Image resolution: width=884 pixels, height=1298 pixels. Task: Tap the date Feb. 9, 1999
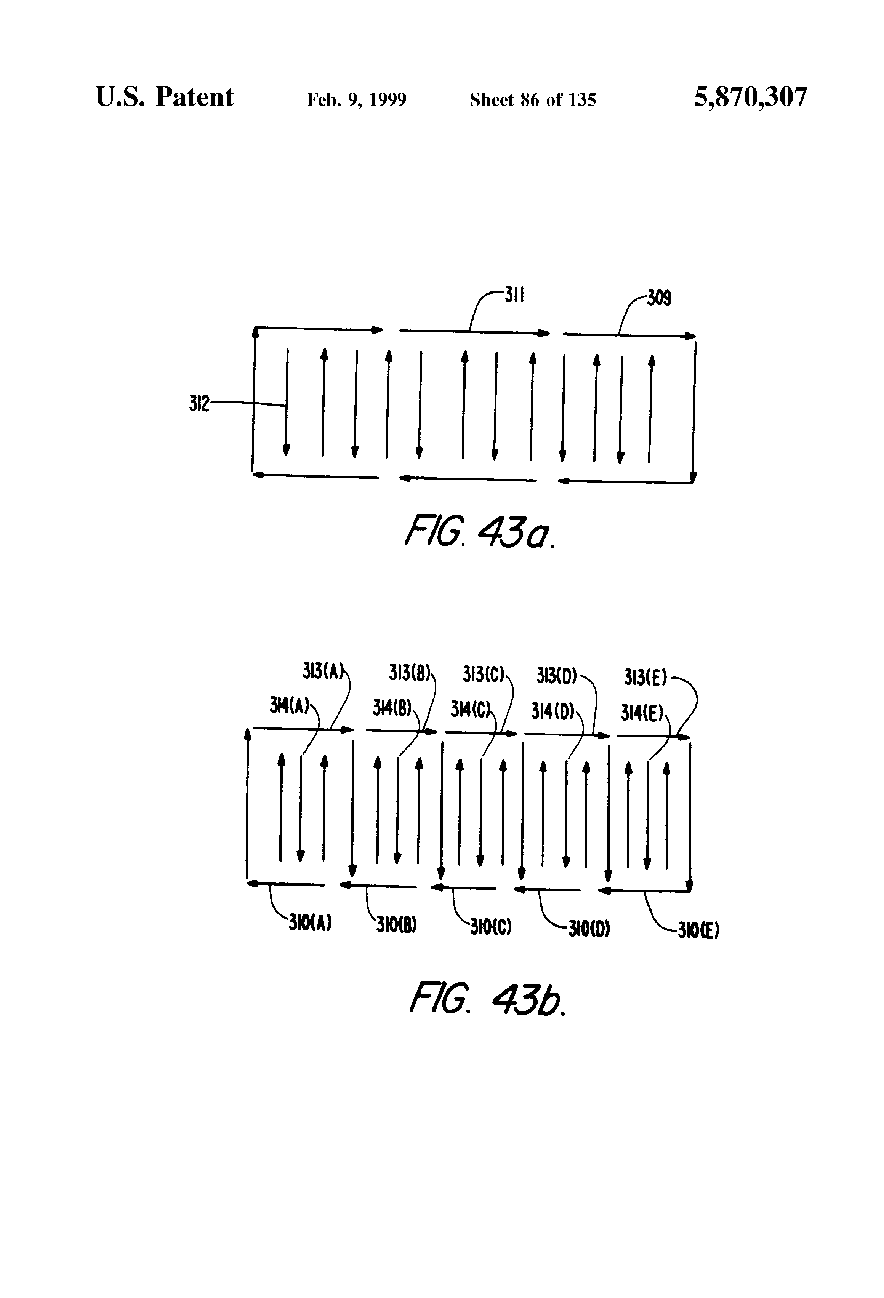point(357,100)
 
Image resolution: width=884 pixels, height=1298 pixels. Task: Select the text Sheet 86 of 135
point(533,100)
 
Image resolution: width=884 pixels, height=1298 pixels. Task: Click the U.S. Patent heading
point(165,98)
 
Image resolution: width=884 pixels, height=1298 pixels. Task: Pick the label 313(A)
point(322,671)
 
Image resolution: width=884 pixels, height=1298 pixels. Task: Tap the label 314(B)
point(392,708)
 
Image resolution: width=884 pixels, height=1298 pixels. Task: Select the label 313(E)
point(645,678)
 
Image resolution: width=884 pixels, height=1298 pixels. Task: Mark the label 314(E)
point(642,713)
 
